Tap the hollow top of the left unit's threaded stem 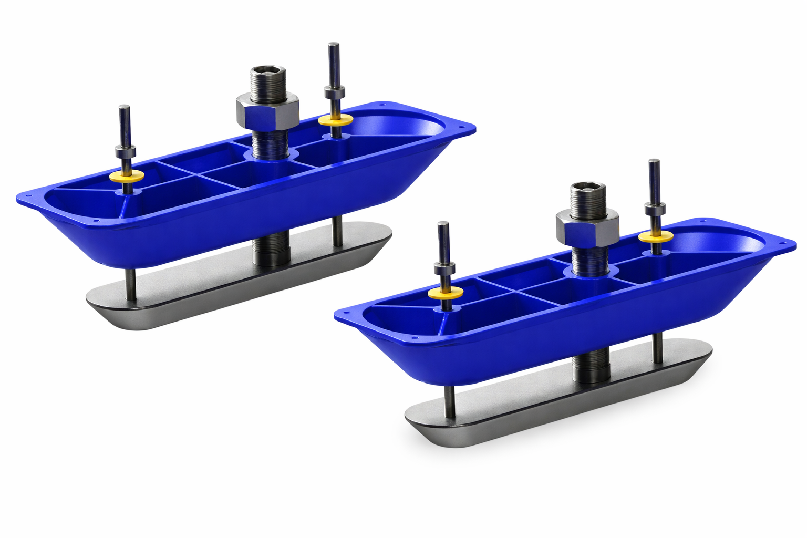pyautogui.click(x=268, y=69)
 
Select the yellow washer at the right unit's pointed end pyautogui.click(x=446, y=293)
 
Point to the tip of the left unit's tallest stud pyautogui.click(x=332, y=46)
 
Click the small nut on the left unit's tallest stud pyautogui.click(x=334, y=92)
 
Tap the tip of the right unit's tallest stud pyautogui.click(x=654, y=162)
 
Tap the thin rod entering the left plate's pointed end pyautogui.click(x=131, y=284)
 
